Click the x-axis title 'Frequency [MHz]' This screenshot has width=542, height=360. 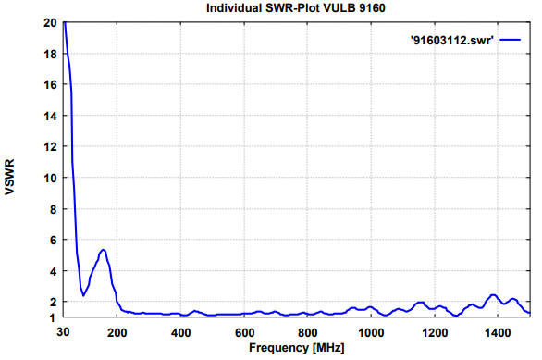click(x=296, y=348)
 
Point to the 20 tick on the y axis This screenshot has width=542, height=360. click(x=49, y=22)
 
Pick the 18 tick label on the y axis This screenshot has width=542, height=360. click(x=49, y=54)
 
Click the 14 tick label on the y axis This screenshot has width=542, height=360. click(x=49, y=116)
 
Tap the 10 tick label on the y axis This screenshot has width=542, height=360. click(x=49, y=178)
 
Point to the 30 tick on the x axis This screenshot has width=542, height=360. click(x=63, y=331)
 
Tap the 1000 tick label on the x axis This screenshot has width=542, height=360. click(x=371, y=331)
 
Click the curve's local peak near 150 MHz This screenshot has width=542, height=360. click(x=104, y=250)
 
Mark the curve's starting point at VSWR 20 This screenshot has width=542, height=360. click(x=64, y=23)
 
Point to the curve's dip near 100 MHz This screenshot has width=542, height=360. click(x=84, y=295)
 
